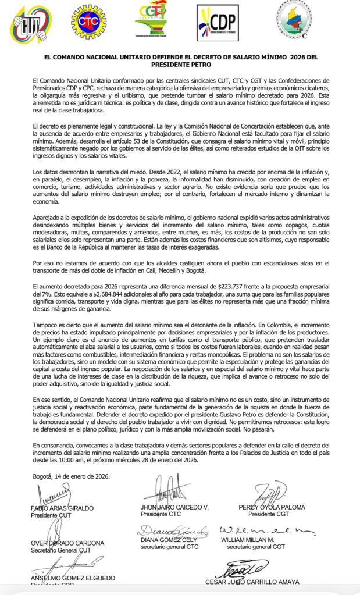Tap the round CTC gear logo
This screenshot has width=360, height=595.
point(90,22)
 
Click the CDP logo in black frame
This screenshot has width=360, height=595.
point(217,23)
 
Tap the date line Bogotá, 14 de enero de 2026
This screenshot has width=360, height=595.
point(71,476)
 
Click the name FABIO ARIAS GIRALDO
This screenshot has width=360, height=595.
point(62,508)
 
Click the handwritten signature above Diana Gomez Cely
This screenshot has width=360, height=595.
point(172,530)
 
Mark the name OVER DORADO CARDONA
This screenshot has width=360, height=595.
point(67,543)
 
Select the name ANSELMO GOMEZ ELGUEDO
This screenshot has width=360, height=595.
point(73,578)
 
